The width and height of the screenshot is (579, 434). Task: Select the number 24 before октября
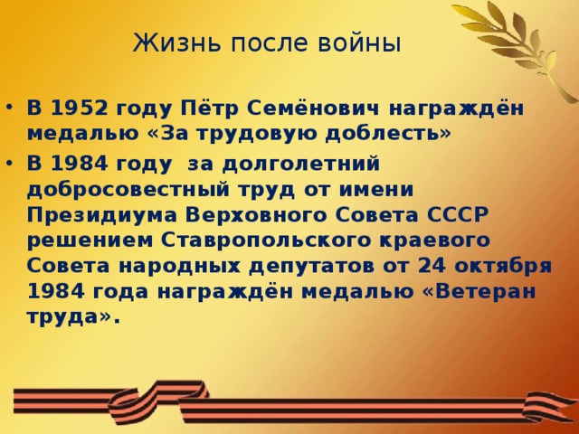tap(432, 266)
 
